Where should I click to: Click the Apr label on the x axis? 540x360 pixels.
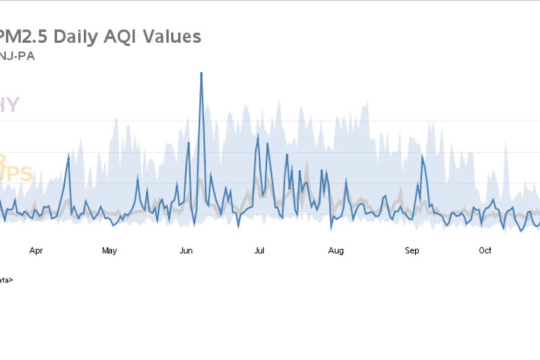pyautogui.click(x=36, y=250)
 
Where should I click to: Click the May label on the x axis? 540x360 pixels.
pyautogui.click(x=109, y=250)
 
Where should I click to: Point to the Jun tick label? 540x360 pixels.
pyautogui.click(x=186, y=250)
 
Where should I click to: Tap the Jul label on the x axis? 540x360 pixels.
pyautogui.click(x=259, y=250)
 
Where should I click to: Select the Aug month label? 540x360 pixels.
pyautogui.click(x=336, y=250)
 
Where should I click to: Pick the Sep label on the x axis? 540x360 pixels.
pyautogui.click(x=412, y=250)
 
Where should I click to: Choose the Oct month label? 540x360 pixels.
pyautogui.click(x=485, y=250)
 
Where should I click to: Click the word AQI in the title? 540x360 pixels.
pyautogui.click(x=130, y=37)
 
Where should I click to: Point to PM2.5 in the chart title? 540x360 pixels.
pyautogui.click(x=22, y=37)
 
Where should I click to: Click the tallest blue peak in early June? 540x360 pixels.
pyautogui.click(x=201, y=73)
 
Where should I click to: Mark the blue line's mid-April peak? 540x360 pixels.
pyautogui.click(x=69, y=154)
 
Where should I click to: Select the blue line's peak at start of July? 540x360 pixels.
pyautogui.click(x=258, y=135)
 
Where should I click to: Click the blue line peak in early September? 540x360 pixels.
pyautogui.click(x=422, y=156)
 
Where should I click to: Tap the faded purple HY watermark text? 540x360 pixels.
pyautogui.click(x=10, y=105)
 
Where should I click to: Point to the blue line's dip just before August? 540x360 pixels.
pyautogui.click(x=331, y=228)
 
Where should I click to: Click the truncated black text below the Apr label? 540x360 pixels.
pyautogui.click(x=6, y=280)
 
